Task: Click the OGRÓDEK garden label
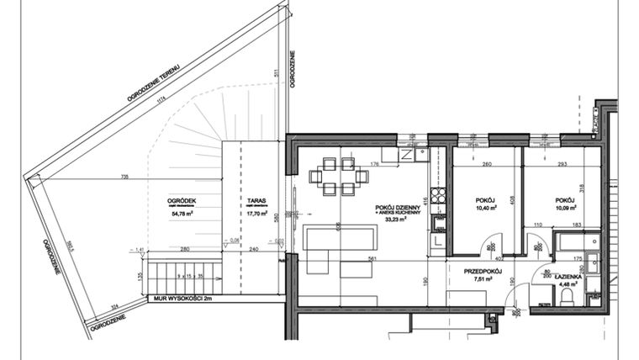pos(182,199)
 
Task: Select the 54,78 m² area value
pos(182,214)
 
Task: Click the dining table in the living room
pos(338,177)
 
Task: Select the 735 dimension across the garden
pos(124,177)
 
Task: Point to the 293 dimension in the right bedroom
pos(562,165)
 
